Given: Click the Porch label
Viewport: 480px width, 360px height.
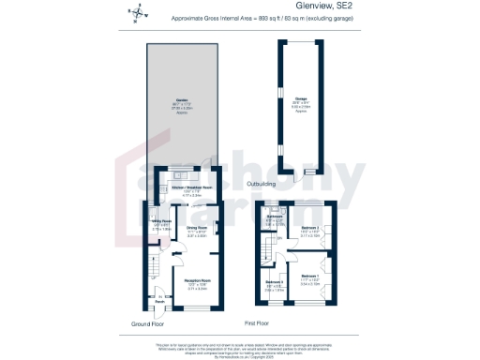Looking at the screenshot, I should point(146,301).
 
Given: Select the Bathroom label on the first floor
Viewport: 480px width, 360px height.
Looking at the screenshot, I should point(274,217).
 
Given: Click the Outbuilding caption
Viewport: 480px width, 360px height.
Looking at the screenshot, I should point(260,185).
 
